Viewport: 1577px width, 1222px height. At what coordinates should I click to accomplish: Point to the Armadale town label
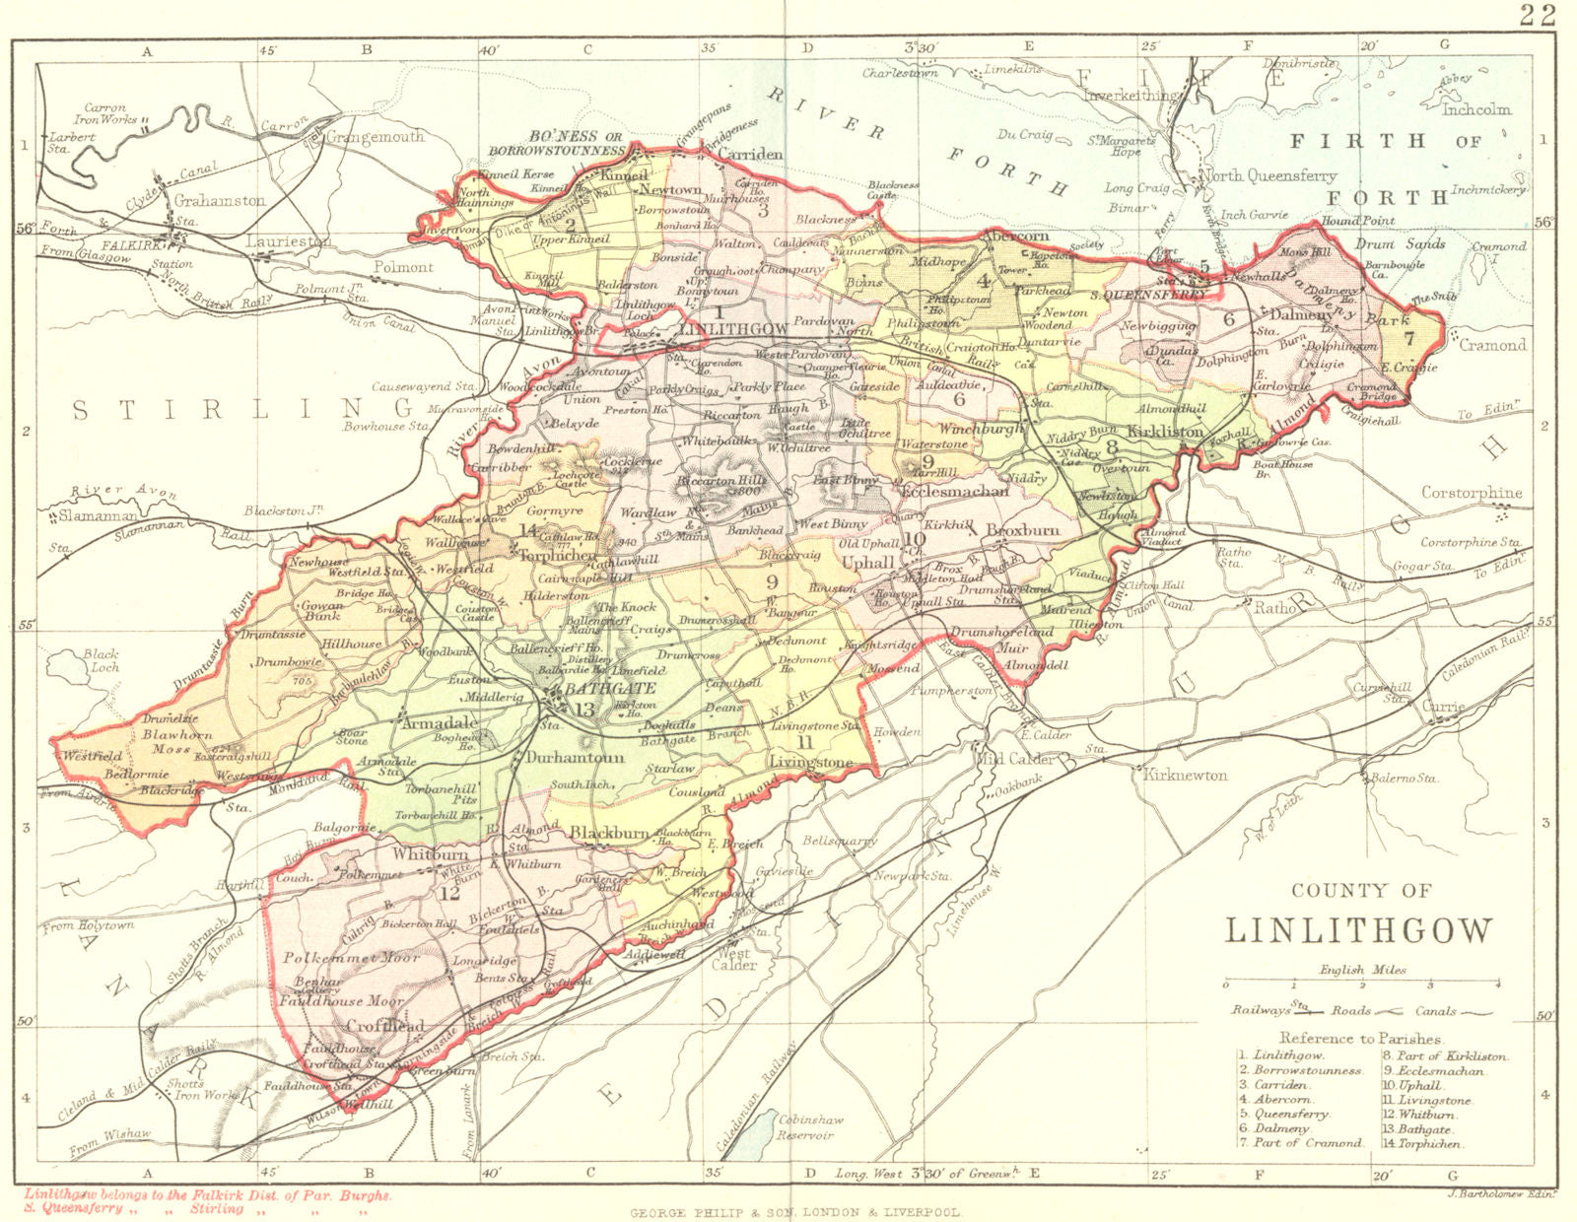[x=440, y=722]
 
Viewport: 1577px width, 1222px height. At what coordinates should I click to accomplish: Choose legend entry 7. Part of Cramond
[x=1300, y=1143]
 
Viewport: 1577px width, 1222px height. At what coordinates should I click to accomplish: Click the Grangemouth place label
[x=375, y=137]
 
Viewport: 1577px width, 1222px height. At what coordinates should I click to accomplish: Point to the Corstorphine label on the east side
[x=1472, y=493]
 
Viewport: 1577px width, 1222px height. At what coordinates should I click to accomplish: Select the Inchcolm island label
[x=1475, y=109]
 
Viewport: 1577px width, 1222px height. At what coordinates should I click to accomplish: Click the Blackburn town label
[x=609, y=833]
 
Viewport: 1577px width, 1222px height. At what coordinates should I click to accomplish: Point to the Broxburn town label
[x=1022, y=529]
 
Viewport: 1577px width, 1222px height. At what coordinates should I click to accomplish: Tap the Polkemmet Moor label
[x=352, y=957]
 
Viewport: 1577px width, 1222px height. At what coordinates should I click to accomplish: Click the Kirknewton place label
[x=1186, y=776]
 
